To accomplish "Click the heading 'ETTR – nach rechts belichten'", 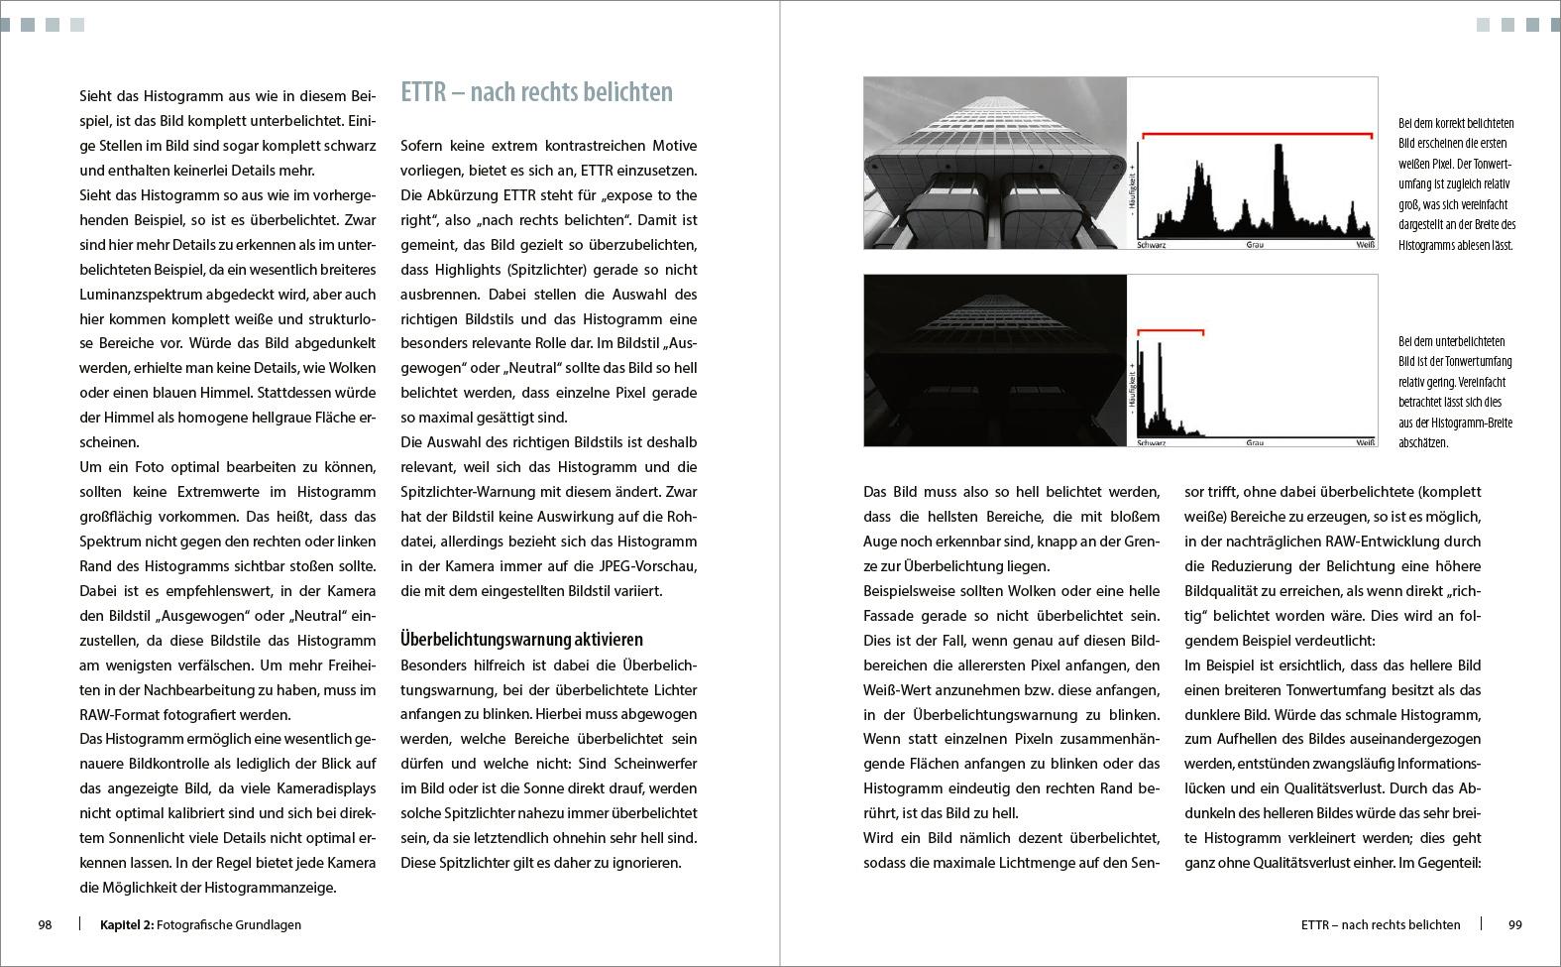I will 536,92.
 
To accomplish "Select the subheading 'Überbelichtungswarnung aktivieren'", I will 521,640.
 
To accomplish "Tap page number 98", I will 45,924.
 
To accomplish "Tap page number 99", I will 1515,924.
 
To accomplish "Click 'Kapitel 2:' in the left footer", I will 126,924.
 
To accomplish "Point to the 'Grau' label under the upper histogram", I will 1255,244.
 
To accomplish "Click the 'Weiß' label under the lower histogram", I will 1365,442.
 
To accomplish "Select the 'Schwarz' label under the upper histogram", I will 1151,244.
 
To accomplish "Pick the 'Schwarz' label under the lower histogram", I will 1151,442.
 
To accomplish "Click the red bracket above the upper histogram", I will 1257,133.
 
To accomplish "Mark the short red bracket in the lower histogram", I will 1170,330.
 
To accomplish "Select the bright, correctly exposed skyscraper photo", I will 995,163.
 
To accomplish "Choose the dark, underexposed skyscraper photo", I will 995,360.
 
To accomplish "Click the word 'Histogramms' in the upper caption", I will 1428,245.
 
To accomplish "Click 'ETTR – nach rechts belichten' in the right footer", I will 1381,924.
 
